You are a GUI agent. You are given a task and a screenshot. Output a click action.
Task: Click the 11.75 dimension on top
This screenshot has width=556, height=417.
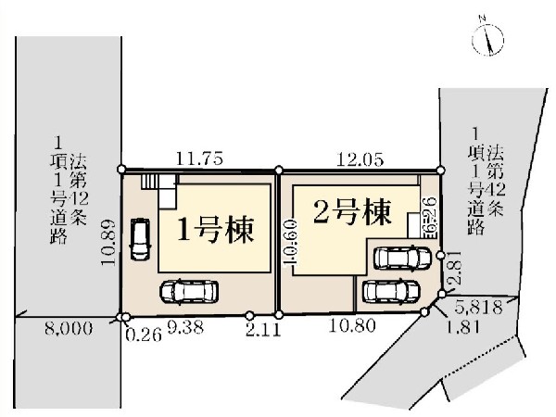coord(198,158)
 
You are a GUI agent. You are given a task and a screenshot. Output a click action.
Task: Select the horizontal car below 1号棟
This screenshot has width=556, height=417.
coord(191,291)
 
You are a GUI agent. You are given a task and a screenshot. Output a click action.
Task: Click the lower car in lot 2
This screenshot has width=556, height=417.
coord(394,290)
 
